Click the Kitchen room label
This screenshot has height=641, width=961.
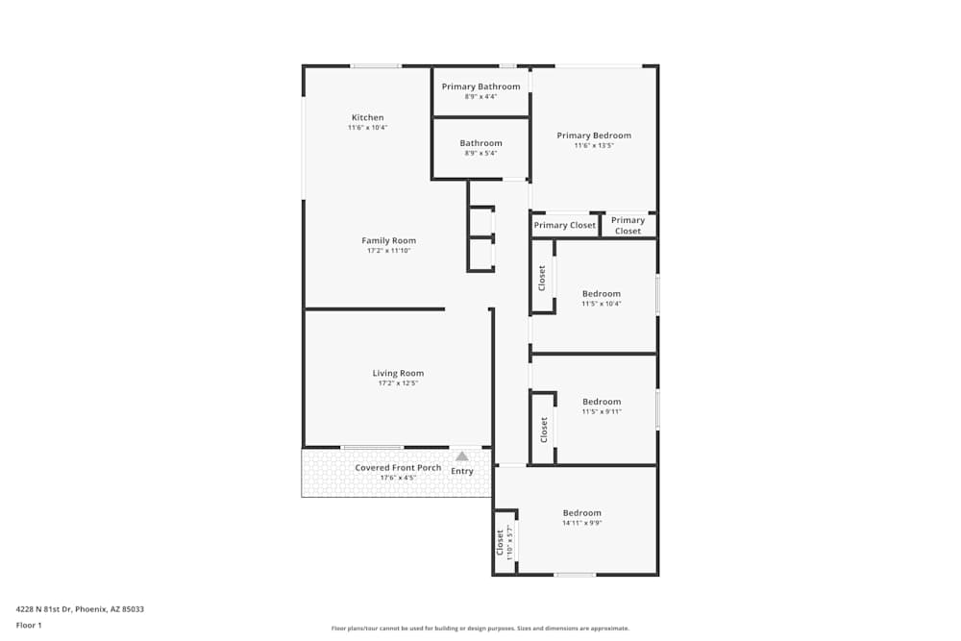click(x=367, y=118)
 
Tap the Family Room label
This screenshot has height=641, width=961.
click(x=388, y=240)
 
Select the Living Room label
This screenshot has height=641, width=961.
click(x=398, y=373)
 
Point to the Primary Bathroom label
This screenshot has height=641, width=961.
click(x=480, y=86)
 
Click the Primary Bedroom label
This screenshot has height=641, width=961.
click(x=594, y=136)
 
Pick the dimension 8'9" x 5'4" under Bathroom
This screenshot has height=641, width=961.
click(x=480, y=154)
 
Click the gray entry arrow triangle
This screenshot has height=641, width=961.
click(x=462, y=456)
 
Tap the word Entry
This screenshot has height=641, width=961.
click(x=462, y=471)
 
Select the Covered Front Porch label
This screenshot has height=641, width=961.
click(x=398, y=468)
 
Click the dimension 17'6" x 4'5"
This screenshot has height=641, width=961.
click(x=398, y=478)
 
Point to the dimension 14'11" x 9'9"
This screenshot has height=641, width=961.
click(x=581, y=523)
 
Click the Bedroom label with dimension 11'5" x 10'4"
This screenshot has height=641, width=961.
click(x=601, y=293)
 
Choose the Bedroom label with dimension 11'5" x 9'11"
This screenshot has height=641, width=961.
click(x=602, y=402)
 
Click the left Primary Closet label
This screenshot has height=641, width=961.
click(x=565, y=226)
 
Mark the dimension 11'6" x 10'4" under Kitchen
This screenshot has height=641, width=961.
click(x=367, y=128)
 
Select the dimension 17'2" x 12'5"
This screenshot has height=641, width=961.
click(x=398, y=383)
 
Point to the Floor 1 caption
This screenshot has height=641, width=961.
click(x=29, y=625)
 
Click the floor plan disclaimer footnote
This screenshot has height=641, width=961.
click(x=480, y=629)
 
